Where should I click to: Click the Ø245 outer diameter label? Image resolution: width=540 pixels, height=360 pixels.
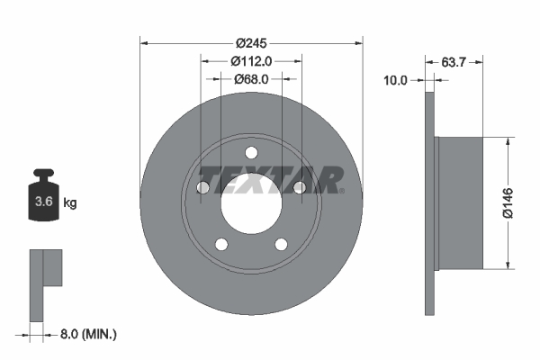(x=252, y=42)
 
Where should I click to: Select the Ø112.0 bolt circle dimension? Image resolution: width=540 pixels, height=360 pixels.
(x=251, y=61)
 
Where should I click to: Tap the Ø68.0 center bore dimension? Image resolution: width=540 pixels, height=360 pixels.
(x=251, y=79)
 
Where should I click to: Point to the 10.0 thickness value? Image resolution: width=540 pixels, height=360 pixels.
(x=396, y=79)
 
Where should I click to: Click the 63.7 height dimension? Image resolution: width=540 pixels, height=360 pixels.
(x=454, y=61)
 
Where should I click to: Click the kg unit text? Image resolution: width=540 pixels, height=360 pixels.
(x=69, y=203)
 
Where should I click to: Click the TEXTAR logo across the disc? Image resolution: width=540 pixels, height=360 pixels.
(x=270, y=179)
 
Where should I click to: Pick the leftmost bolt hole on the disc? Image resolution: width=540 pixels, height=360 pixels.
(x=202, y=187)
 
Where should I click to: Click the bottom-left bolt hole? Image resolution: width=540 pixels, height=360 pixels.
(x=221, y=244)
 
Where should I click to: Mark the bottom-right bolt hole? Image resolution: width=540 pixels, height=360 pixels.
(x=282, y=244)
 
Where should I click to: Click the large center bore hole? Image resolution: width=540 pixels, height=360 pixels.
(x=252, y=202)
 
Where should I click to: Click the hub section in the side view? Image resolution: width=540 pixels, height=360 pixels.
(x=459, y=202)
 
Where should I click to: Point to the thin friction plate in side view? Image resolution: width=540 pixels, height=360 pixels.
(x=429, y=202)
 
